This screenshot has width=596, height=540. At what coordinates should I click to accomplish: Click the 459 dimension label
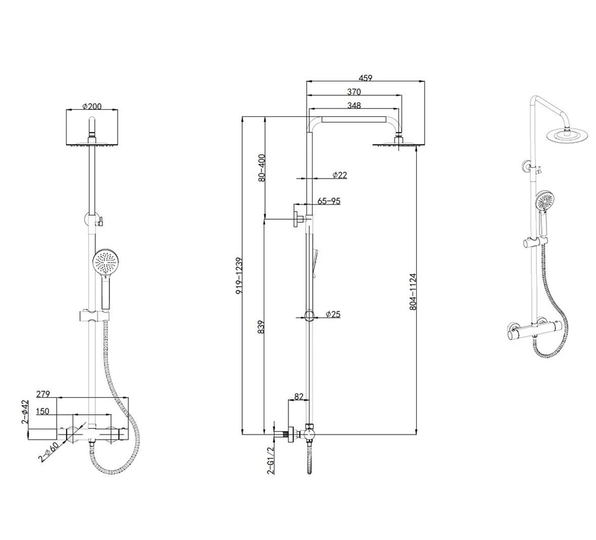(x=365, y=78)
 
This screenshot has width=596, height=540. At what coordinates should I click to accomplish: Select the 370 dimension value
(x=354, y=91)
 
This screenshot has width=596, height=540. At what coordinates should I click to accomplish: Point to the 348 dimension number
(x=354, y=105)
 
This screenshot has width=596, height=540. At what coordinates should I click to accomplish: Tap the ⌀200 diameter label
(x=92, y=106)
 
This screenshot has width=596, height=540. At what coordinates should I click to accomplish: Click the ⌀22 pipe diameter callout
(x=339, y=175)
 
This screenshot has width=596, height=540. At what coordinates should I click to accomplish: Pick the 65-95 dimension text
(x=328, y=201)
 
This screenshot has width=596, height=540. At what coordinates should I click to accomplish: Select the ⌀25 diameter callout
(x=333, y=314)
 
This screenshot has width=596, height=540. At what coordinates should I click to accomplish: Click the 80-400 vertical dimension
(x=262, y=168)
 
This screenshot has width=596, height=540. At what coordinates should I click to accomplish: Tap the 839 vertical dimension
(x=261, y=327)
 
